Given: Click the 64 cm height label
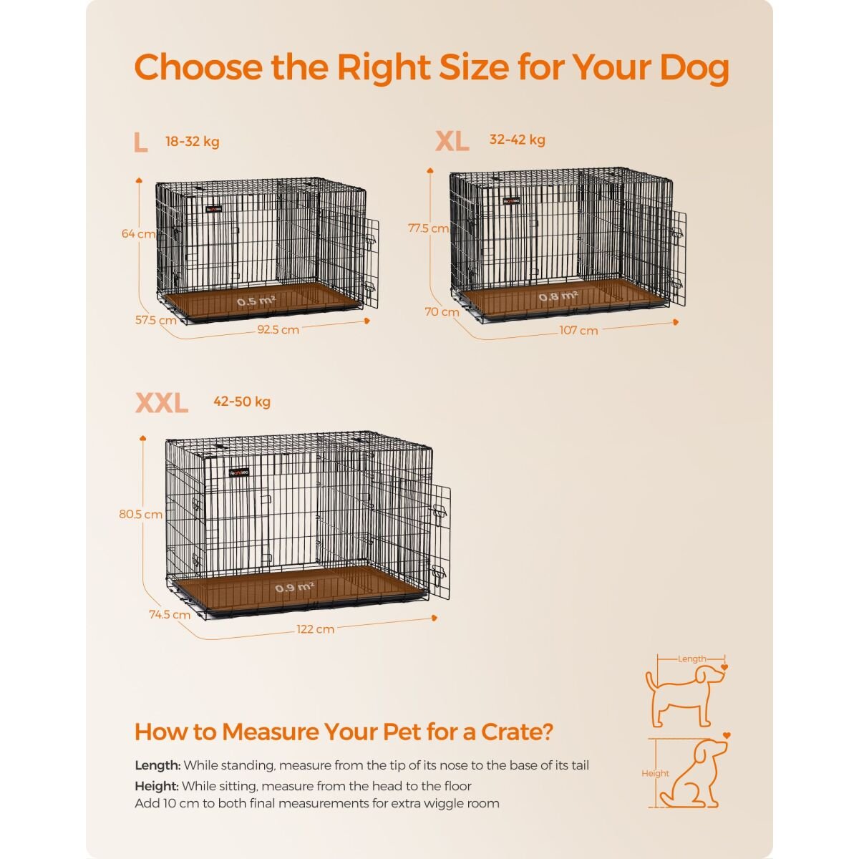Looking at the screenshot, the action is [138, 233].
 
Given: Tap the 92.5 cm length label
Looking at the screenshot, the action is [278, 330].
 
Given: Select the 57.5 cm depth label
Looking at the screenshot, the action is [156, 320].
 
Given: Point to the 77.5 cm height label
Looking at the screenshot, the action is [428, 228].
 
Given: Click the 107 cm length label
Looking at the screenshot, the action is [578, 330].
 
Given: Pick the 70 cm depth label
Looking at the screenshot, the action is [442, 311].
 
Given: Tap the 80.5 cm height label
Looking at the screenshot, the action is [140, 514].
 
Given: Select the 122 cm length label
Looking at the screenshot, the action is [315, 629].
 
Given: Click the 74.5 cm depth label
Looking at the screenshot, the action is [170, 614].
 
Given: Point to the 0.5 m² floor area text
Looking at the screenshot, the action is [256, 301].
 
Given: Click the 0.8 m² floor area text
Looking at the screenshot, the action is [558, 296].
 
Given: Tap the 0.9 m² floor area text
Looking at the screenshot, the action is [294, 588].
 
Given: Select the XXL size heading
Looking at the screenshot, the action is [162, 403].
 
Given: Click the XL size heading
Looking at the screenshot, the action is [452, 141].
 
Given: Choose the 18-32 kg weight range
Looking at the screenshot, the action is [192, 142].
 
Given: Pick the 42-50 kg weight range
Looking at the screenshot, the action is [242, 402].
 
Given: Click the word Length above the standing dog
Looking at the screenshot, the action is [691, 659].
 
